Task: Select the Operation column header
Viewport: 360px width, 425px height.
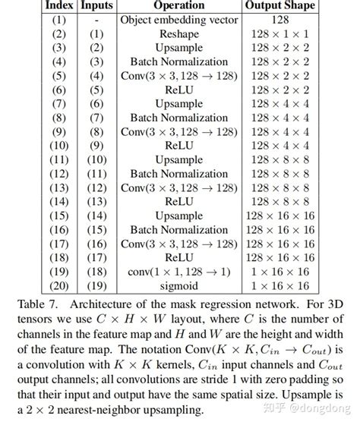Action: pyautogui.click(x=178, y=5)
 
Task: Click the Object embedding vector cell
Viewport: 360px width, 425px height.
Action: pyautogui.click(x=178, y=20)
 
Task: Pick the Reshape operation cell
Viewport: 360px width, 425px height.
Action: pyautogui.click(x=178, y=34)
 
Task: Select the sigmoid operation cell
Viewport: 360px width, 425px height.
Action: pyautogui.click(x=178, y=285)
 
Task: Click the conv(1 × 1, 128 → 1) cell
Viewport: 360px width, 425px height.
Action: pyautogui.click(x=178, y=272)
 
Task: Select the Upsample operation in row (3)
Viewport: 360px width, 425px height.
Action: pyautogui.click(x=178, y=48)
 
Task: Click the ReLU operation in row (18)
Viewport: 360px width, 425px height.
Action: pyautogui.click(x=178, y=257)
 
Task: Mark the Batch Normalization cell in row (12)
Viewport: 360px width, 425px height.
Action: pyautogui.click(x=178, y=174)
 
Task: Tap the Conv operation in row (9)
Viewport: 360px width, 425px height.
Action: pyautogui.click(x=178, y=132)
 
